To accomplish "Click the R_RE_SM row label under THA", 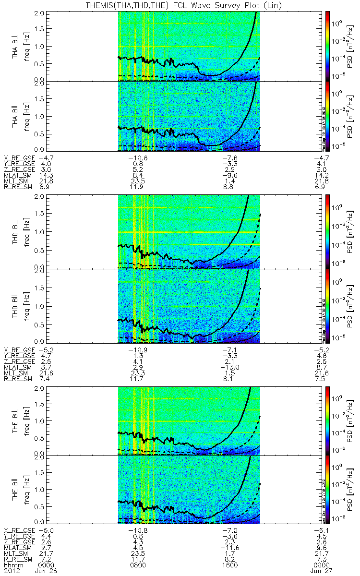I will pos(18,184).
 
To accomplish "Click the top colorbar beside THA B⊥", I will pos(328,45).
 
